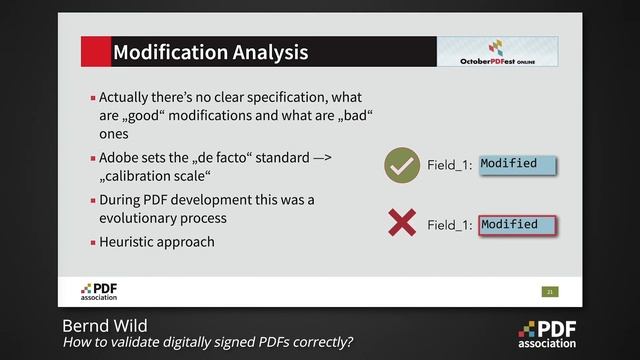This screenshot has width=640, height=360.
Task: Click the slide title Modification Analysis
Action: (x=210, y=52)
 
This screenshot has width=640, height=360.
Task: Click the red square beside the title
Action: (x=95, y=52)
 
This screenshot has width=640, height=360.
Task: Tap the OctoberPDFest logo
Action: (x=497, y=52)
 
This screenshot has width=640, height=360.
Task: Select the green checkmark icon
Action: (x=402, y=165)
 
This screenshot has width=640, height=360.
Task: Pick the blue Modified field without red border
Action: (x=516, y=164)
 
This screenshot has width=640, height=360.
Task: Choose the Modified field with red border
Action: (x=516, y=225)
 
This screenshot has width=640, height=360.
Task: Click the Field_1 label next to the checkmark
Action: (x=449, y=166)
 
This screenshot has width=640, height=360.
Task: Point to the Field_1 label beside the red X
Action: (x=449, y=226)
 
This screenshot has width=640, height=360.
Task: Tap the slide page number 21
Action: (x=549, y=291)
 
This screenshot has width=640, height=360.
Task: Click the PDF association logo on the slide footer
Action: (x=99, y=291)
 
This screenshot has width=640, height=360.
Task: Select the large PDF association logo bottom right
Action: (x=547, y=334)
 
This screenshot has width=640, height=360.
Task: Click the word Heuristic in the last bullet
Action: (x=131, y=241)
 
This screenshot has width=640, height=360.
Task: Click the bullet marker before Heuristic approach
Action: (x=93, y=242)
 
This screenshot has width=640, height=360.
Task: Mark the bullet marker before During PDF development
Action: (x=93, y=200)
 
